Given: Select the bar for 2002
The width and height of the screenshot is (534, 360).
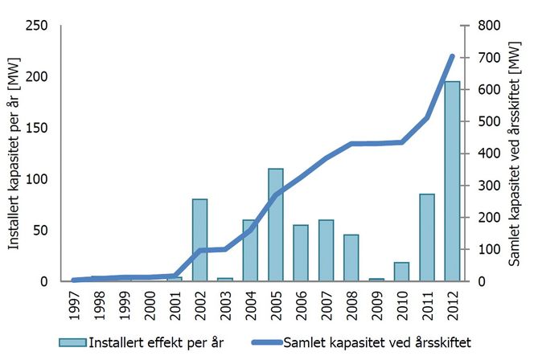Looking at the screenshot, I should tap(200, 240).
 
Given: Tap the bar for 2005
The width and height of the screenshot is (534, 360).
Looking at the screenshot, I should tap(276, 225).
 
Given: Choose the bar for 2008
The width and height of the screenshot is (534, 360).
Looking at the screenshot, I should tap(351, 258).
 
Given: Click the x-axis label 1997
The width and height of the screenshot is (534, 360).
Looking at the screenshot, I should tap(74, 305).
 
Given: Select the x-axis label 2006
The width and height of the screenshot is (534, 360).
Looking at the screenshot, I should tap(302, 305).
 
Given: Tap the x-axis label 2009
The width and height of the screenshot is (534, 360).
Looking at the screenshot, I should tap(377, 305).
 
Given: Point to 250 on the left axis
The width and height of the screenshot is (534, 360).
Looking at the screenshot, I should tap(37, 26).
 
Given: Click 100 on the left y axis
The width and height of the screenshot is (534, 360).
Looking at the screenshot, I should tap(37, 179).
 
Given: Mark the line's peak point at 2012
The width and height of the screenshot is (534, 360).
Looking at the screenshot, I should tap(452, 56).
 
